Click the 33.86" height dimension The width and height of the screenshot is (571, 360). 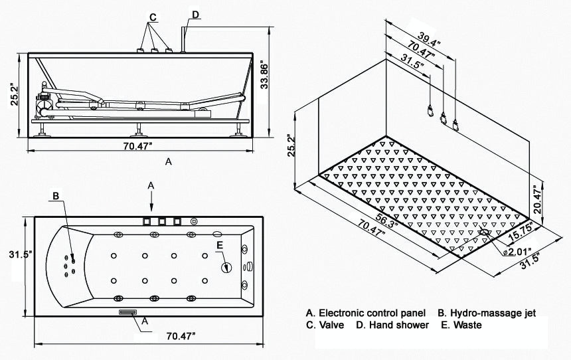pyautogui.click(x=265, y=77)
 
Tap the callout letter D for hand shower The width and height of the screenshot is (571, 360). pyautogui.click(x=195, y=15)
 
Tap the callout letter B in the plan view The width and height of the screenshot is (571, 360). pyautogui.click(x=56, y=195)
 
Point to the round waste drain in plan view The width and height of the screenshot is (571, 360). pyautogui.click(x=227, y=268)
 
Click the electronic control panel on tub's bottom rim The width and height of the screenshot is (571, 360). pyautogui.click(x=127, y=312)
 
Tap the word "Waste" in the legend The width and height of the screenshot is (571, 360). pyautogui.click(x=468, y=325)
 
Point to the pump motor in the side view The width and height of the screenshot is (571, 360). pyautogui.click(x=45, y=102)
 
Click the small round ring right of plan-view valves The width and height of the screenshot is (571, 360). pyautogui.click(x=194, y=221)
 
